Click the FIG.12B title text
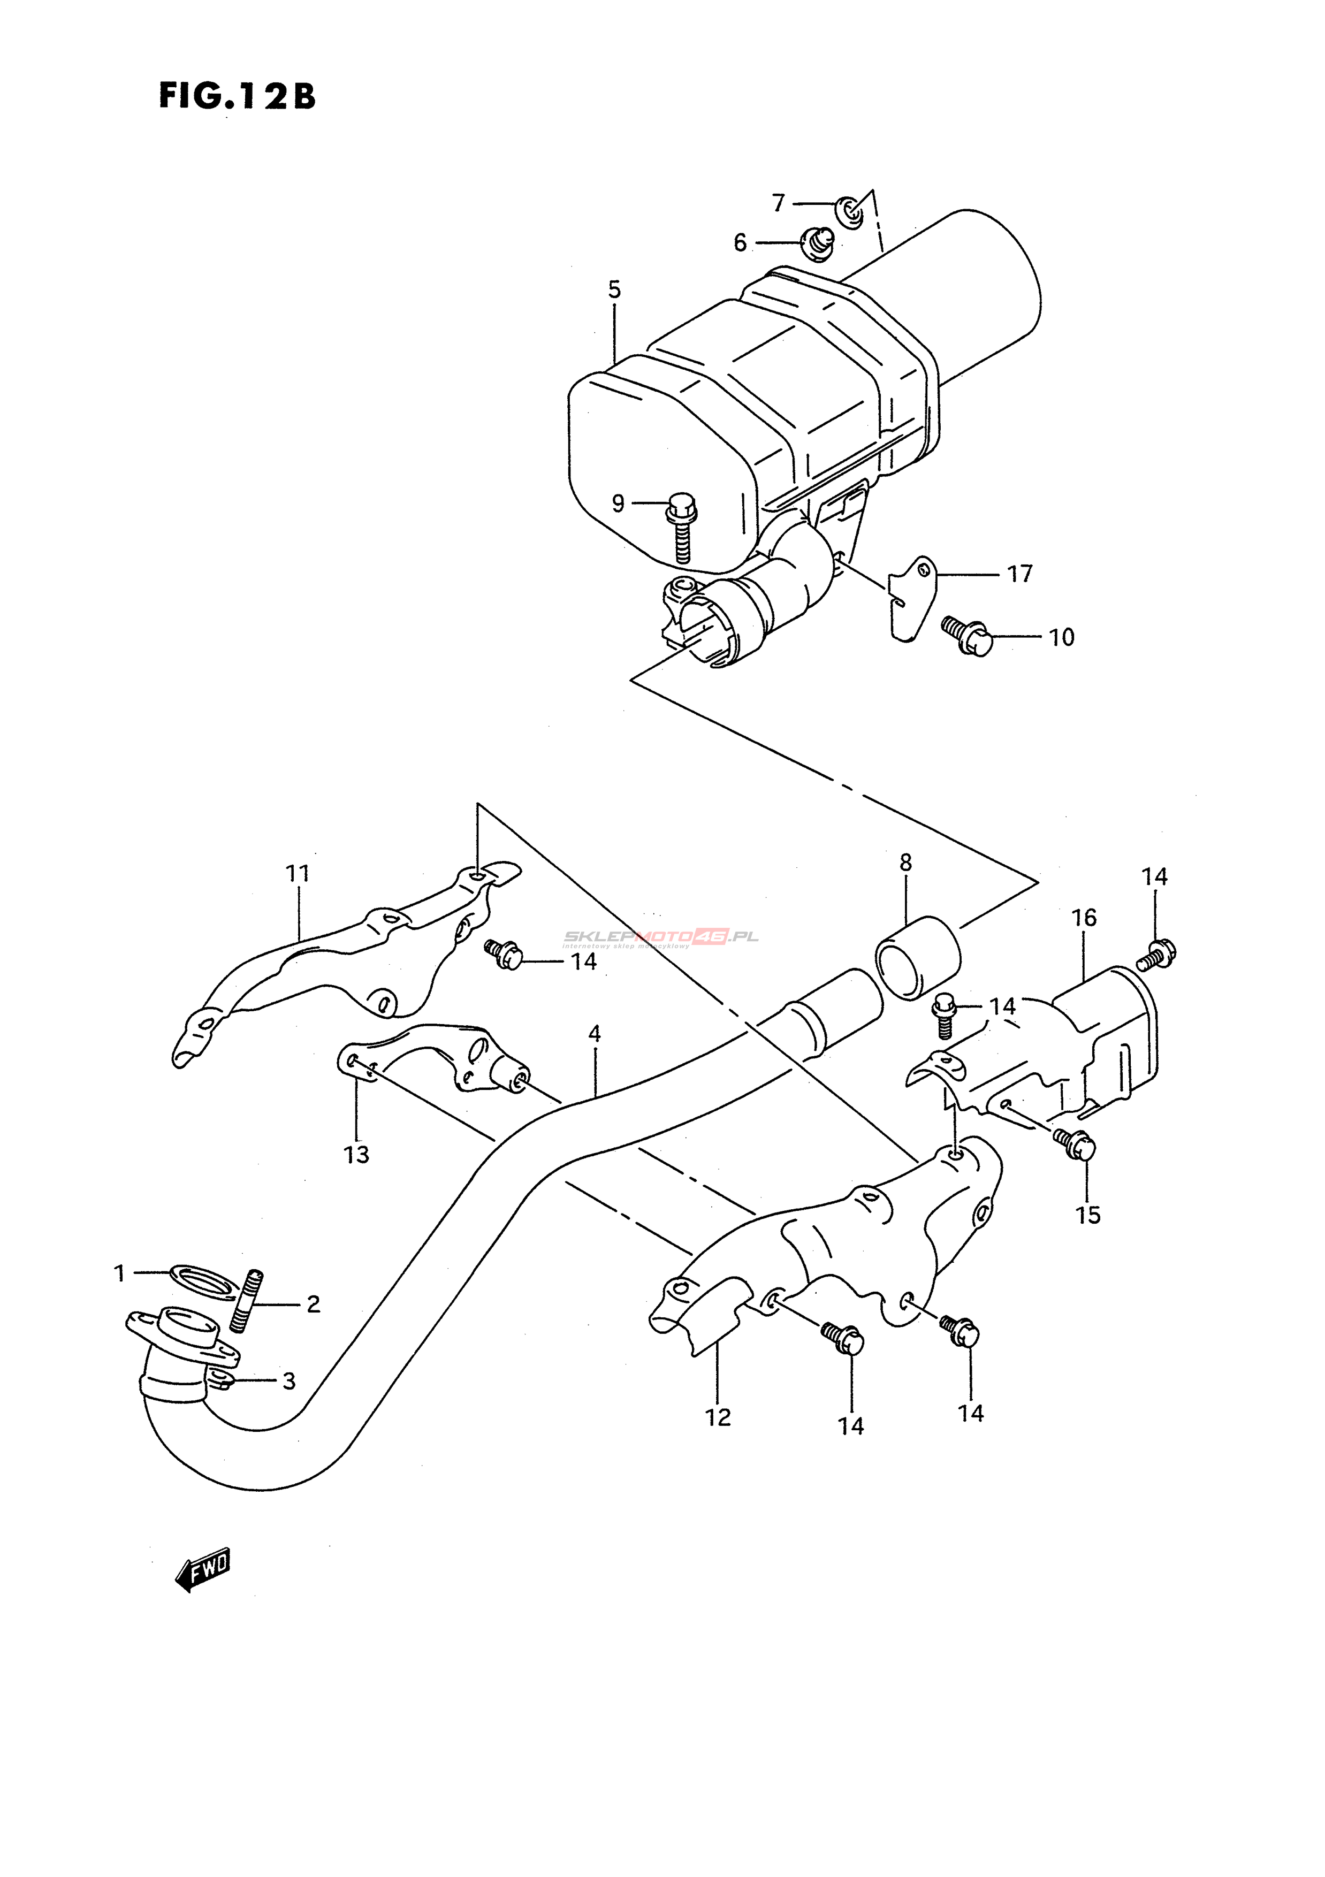(236, 96)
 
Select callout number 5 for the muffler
(614, 289)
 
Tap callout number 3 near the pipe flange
(288, 1381)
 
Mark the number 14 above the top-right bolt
(1154, 876)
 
